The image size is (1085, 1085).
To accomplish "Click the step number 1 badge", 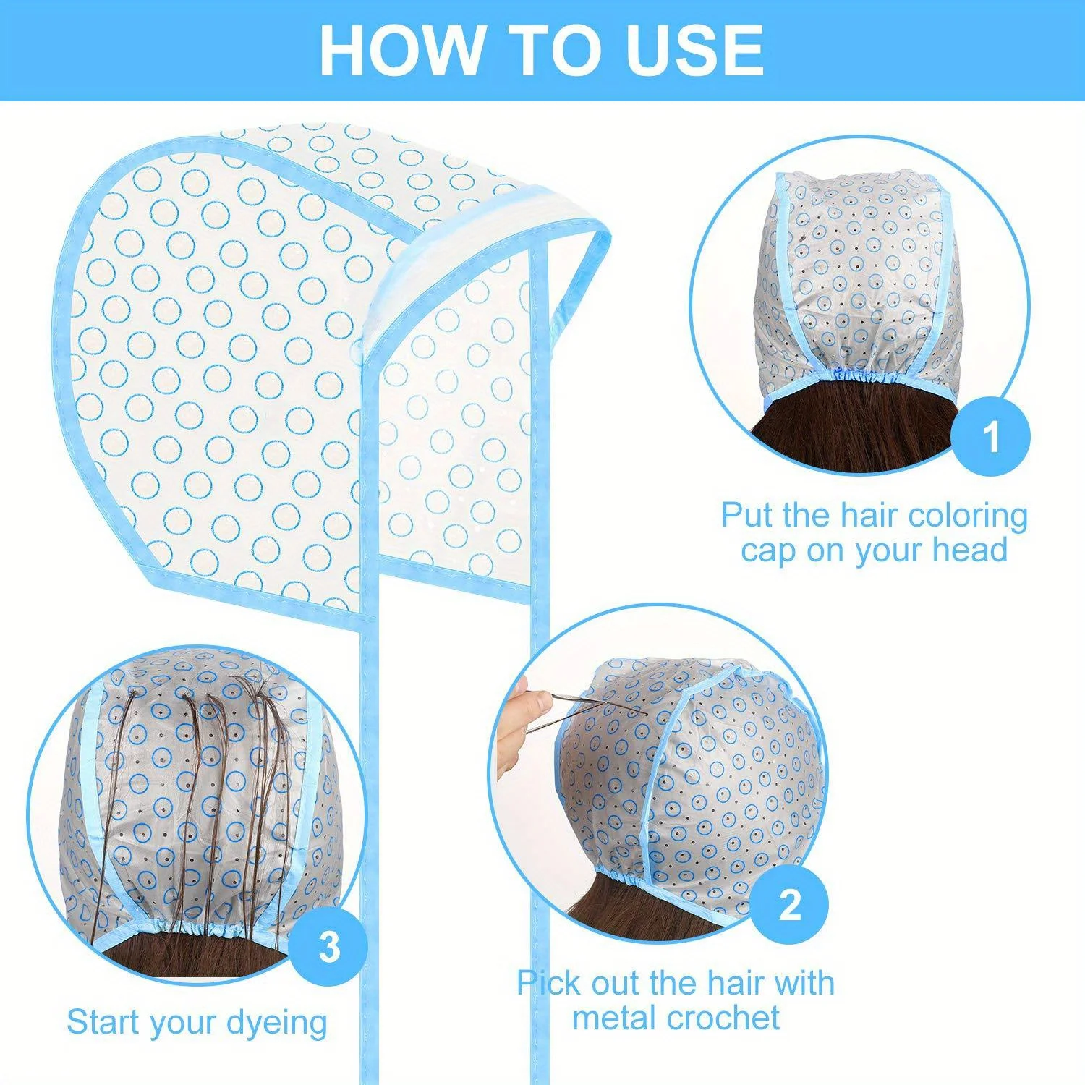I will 990,437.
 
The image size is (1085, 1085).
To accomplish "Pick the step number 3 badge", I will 328,946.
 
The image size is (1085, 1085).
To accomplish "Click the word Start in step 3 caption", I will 106,1022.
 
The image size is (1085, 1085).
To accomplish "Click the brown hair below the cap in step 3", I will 195,955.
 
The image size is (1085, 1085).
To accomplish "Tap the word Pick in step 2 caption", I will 548,984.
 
